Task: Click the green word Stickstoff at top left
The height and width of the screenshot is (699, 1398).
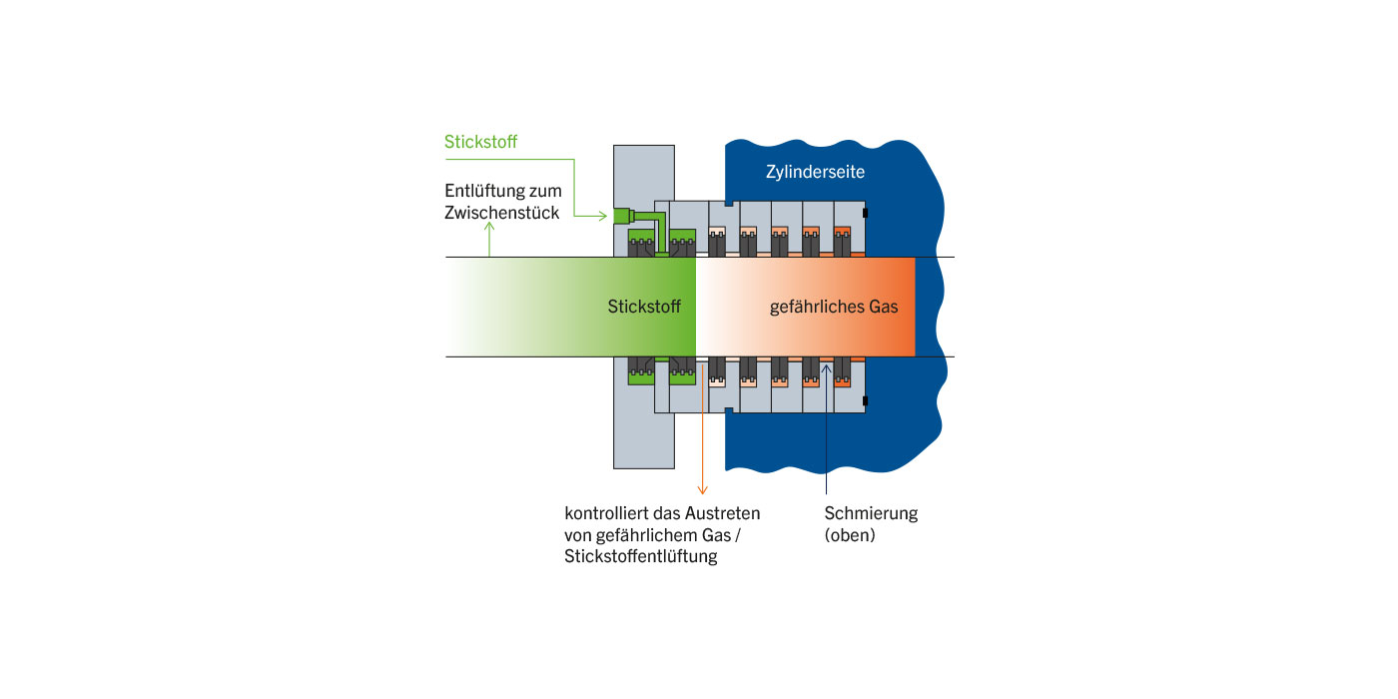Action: point(480,142)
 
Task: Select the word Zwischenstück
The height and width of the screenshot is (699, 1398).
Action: point(502,213)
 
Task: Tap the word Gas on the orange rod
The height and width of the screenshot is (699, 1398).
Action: point(884,307)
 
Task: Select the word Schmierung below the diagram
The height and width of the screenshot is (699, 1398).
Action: point(871,513)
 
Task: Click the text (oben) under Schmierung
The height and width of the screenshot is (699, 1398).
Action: point(850,535)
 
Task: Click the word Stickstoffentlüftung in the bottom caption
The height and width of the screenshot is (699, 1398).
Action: point(641,557)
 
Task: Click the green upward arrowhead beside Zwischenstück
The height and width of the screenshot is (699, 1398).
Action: point(489,229)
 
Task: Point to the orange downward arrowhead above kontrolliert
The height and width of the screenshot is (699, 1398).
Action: point(702,488)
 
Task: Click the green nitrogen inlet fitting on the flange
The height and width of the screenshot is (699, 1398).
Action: point(622,215)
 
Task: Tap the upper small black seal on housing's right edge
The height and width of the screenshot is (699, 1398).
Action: point(865,213)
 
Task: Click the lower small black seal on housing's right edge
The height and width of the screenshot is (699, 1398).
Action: point(865,401)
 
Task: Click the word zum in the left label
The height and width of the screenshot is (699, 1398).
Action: point(545,191)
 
